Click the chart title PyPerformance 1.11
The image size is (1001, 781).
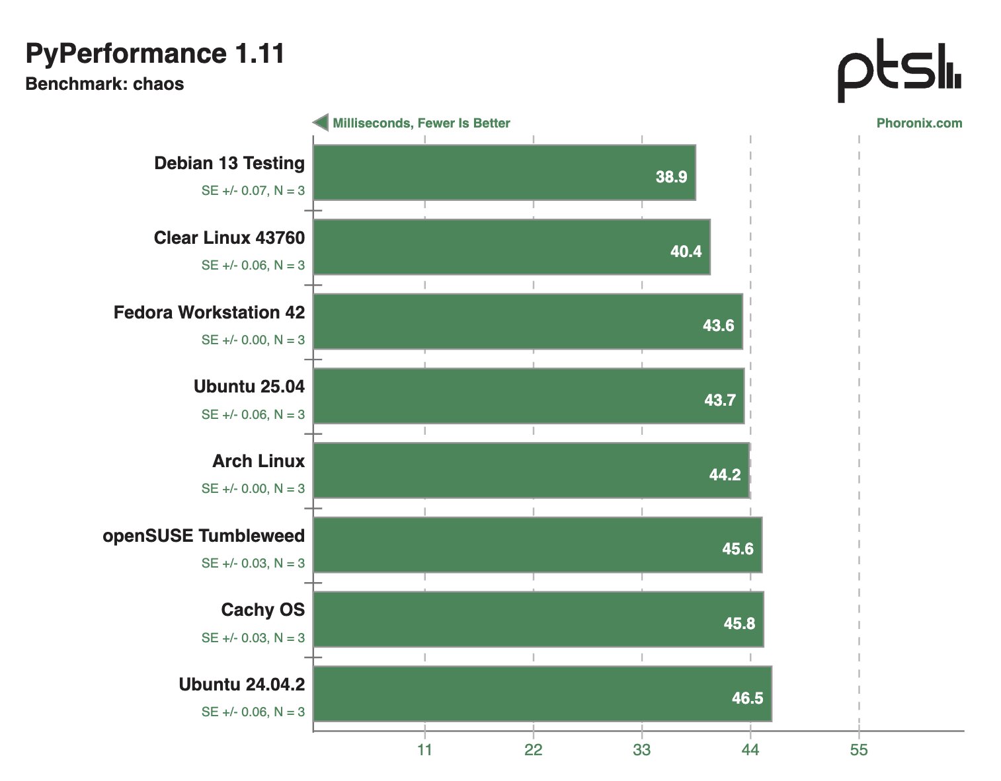155,54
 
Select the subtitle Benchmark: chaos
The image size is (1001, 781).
104,84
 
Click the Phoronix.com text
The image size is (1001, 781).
919,123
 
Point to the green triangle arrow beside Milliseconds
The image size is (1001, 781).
321,123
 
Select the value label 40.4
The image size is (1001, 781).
686,251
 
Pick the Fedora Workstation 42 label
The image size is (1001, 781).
209,312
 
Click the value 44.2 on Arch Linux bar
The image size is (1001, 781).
725,474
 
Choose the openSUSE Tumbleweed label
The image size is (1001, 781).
204,535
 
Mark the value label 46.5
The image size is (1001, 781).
747,698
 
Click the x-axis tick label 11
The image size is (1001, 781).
424,750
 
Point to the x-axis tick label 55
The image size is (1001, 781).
859,750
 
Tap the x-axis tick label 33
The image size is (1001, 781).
641,750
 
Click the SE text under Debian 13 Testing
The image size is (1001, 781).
253,191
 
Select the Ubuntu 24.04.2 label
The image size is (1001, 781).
242,684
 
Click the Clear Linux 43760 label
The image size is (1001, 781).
229,238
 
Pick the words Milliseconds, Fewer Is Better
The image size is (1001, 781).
421,123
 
